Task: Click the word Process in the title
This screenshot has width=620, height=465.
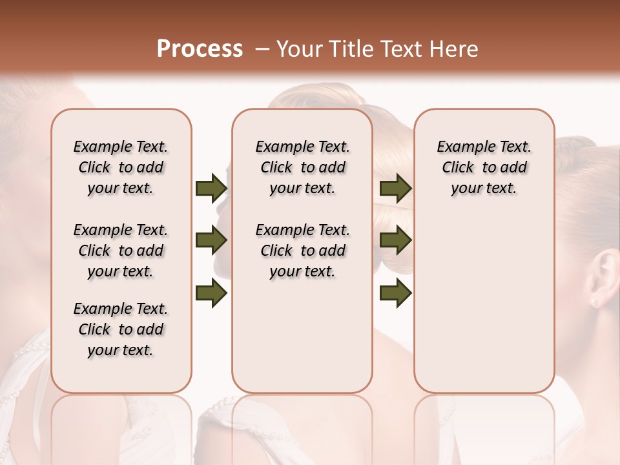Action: tap(200, 49)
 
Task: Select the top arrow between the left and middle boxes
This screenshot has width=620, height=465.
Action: tap(211, 188)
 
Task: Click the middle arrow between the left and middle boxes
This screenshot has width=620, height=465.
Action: tap(211, 241)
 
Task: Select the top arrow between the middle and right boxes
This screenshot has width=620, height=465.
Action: tap(395, 188)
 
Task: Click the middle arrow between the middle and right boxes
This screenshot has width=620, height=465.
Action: tap(395, 241)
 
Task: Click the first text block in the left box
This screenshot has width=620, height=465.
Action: tap(121, 167)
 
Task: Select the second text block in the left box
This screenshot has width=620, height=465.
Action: tap(121, 251)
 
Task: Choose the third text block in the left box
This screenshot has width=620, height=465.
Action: tap(121, 329)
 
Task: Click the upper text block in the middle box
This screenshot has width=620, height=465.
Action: tap(302, 167)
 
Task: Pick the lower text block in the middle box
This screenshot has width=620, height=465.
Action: tap(302, 251)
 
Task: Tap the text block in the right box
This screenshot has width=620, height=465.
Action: tap(484, 167)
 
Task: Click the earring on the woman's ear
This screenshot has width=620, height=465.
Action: tap(594, 302)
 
